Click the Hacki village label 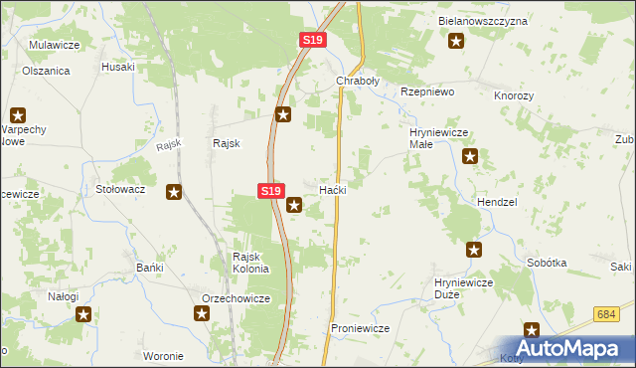point(332,189)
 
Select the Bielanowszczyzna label point(483,21)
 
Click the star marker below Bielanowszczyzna point(456,41)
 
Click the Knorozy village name point(514,95)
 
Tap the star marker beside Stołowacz point(174,192)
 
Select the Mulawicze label point(55,45)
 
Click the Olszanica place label point(46,72)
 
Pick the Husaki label point(118,67)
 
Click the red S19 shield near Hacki point(271,190)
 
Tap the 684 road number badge point(609,314)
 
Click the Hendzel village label point(497,201)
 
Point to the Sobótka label point(548,263)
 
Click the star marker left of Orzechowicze point(202,314)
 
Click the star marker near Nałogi point(83,314)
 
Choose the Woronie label point(163,356)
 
